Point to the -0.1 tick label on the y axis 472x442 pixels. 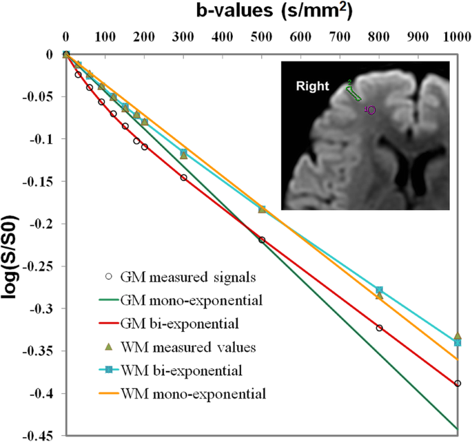pos(43,139)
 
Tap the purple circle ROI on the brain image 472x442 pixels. pos(371,109)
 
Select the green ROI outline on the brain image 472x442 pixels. pos(354,91)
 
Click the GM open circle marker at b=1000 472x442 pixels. pos(458,383)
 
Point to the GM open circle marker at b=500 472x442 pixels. pos(262,240)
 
